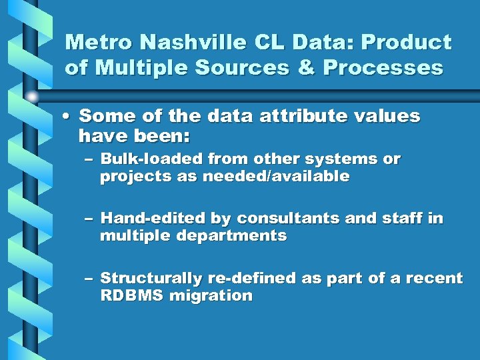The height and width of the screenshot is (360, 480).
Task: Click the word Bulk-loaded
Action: click(151, 159)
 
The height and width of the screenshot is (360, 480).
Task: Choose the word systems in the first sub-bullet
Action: click(342, 159)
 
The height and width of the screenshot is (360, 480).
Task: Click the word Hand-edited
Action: click(153, 219)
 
